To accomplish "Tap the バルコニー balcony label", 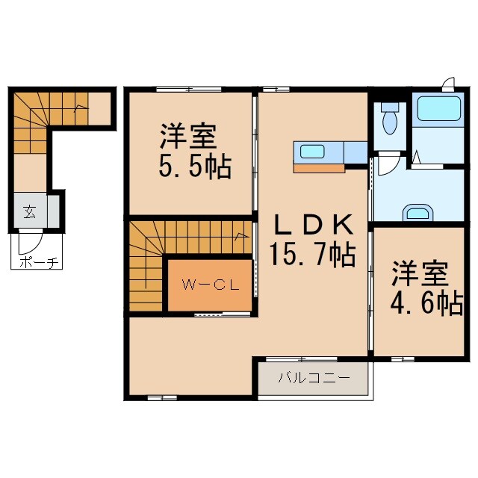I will [x=314, y=378].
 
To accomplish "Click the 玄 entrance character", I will [x=28, y=212].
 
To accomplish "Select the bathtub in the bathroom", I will [x=439, y=110].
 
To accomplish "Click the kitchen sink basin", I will [x=312, y=152].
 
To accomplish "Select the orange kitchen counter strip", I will [x=319, y=168].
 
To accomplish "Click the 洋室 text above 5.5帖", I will [x=187, y=137].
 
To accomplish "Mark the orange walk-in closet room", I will [x=210, y=285].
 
